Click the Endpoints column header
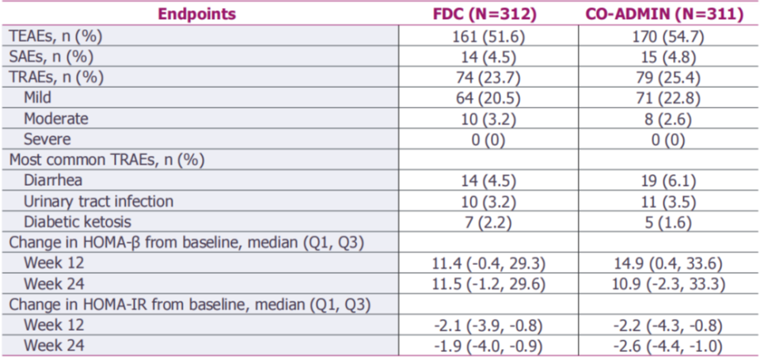[x=198, y=14]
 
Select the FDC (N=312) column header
[x=484, y=14]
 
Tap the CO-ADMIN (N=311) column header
[x=664, y=14]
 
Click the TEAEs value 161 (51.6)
[x=488, y=37]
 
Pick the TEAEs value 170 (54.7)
[x=669, y=37]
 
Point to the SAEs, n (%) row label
[x=51, y=58]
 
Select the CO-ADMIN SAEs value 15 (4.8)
[x=669, y=58]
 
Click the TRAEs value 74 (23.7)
[x=488, y=78]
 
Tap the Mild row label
[x=37, y=98]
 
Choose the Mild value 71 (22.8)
[x=669, y=98]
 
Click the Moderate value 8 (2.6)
[x=669, y=119]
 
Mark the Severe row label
[x=47, y=139]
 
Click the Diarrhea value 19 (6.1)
[x=669, y=180]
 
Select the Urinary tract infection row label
[x=98, y=201]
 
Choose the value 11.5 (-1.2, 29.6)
[x=488, y=284]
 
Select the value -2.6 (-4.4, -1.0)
[x=669, y=346]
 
